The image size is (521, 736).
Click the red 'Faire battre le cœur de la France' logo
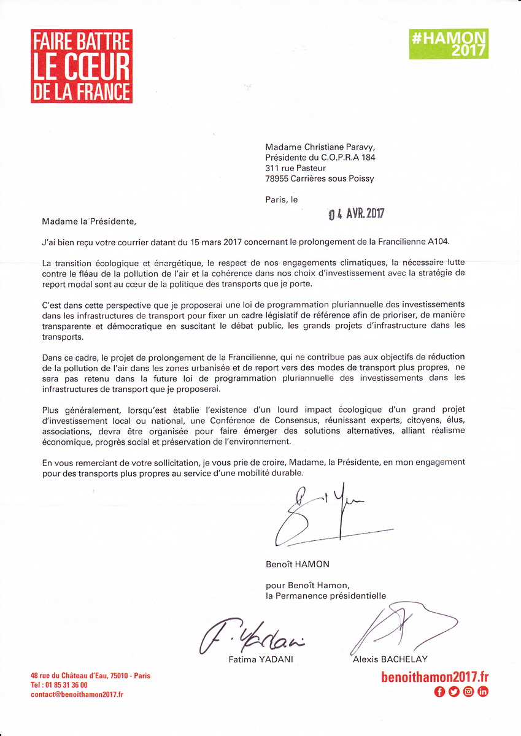(82, 66)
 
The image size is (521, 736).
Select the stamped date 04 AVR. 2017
(356, 214)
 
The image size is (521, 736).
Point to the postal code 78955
(278, 179)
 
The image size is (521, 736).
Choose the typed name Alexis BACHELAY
(390, 659)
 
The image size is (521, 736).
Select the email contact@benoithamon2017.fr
(77, 695)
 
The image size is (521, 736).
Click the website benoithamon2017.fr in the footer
(434, 677)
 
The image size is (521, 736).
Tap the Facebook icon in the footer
(439, 692)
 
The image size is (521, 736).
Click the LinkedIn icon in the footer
(483, 692)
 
